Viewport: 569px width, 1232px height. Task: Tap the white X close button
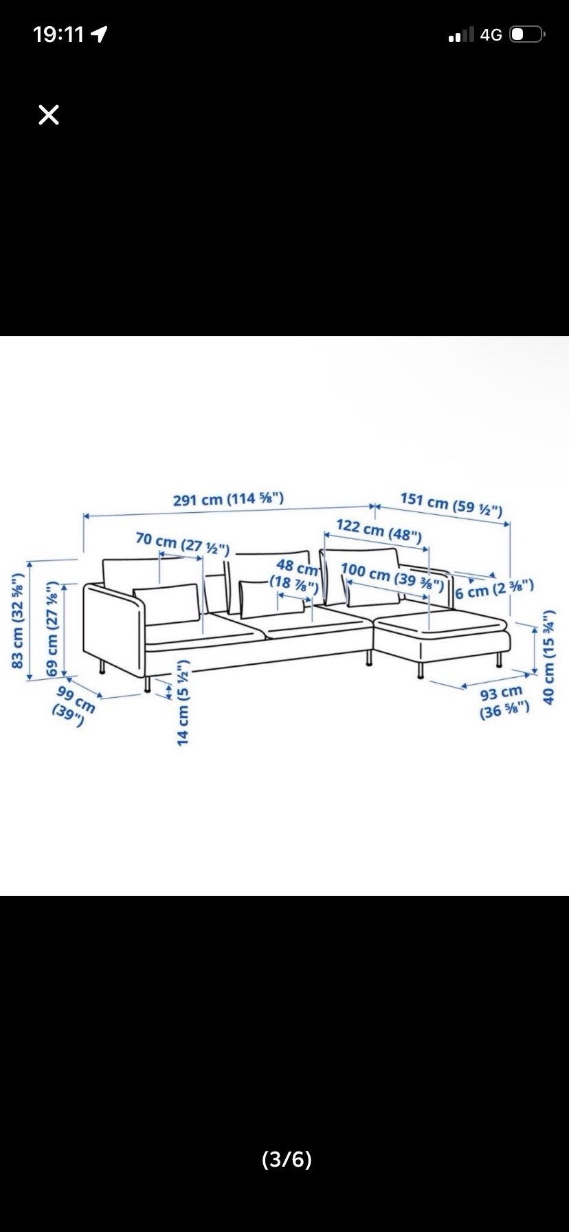tap(49, 115)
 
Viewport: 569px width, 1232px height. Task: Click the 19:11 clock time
tap(58, 34)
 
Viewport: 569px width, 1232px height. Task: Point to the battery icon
tap(528, 34)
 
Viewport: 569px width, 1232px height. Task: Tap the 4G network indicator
tap(491, 34)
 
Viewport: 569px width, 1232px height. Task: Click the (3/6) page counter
tap(287, 1160)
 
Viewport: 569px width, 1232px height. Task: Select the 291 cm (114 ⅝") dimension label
tap(229, 498)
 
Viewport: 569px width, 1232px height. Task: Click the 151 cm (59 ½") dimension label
tap(451, 504)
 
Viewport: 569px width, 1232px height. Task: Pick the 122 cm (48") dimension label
tap(379, 531)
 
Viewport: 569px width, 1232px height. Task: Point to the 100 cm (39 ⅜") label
tap(392, 577)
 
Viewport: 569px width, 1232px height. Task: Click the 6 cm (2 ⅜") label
tap(494, 588)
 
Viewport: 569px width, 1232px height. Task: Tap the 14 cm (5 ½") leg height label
tap(183, 703)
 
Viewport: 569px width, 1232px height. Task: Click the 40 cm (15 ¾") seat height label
tap(549, 657)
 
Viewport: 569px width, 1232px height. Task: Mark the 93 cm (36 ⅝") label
tap(504, 701)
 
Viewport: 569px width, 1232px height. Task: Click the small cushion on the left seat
tap(167, 604)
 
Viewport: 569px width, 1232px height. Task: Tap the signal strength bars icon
tap(461, 35)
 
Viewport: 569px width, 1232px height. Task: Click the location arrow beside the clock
tap(100, 34)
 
